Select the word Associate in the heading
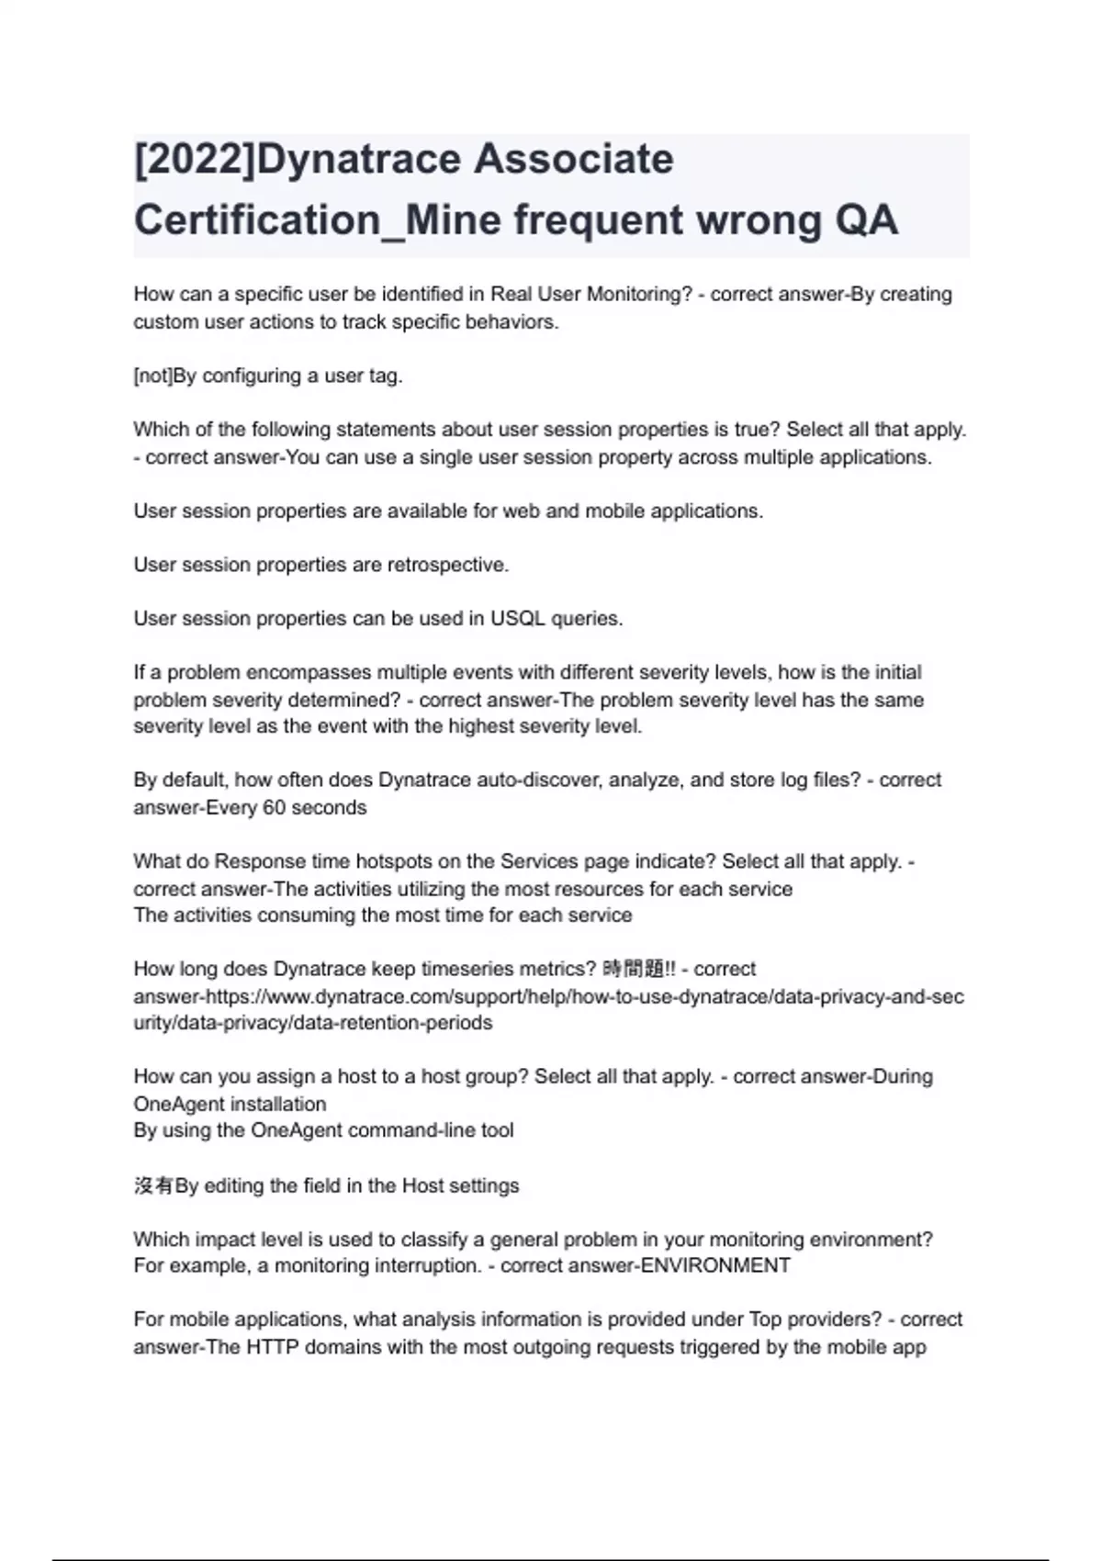(x=574, y=159)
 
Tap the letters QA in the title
(x=866, y=220)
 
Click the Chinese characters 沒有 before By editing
(x=153, y=1185)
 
